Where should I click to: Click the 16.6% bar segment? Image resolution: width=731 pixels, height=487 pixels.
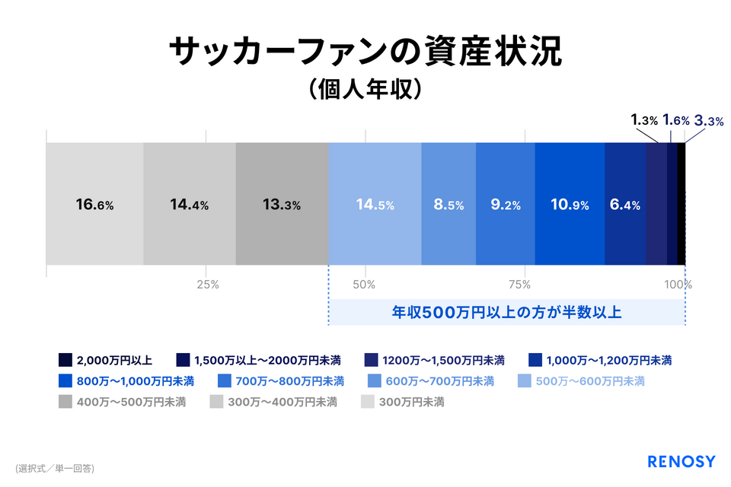[x=94, y=204]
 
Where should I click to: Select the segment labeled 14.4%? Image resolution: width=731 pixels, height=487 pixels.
[x=190, y=204]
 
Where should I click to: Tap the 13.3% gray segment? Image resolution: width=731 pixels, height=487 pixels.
[x=282, y=204]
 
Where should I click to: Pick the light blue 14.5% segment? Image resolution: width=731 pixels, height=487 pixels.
[x=375, y=204]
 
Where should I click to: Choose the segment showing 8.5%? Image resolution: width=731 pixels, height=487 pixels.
[x=448, y=204]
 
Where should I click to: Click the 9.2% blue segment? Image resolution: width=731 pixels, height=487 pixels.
[x=506, y=204]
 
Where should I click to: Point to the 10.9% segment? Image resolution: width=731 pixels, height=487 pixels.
[x=570, y=204]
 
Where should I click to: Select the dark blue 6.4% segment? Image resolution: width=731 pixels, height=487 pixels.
[x=625, y=204]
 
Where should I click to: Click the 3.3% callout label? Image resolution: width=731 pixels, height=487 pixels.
[x=709, y=121]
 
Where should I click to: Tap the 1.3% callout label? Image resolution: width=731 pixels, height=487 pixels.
[x=644, y=120]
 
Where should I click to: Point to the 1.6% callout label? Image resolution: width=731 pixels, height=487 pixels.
[x=676, y=120]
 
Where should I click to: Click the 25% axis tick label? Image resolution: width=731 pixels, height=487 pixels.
[x=208, y=285]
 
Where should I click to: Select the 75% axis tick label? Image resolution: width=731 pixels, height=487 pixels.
[x=520, y=285]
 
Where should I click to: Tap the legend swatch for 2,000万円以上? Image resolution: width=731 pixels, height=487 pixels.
[x=65, y=360]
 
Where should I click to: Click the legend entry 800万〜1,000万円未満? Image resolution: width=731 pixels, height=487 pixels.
[x=126, y=381]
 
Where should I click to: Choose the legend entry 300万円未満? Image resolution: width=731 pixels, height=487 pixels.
[x=403, y=402]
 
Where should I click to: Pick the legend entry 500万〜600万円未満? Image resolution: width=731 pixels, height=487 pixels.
[x=581, y=381]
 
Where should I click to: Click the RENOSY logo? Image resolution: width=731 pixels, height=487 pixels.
[x=681, y=461]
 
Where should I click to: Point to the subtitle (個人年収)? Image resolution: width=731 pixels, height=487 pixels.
[x=365, y=88]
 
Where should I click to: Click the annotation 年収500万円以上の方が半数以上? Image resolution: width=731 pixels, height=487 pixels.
[x=507, y=312]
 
